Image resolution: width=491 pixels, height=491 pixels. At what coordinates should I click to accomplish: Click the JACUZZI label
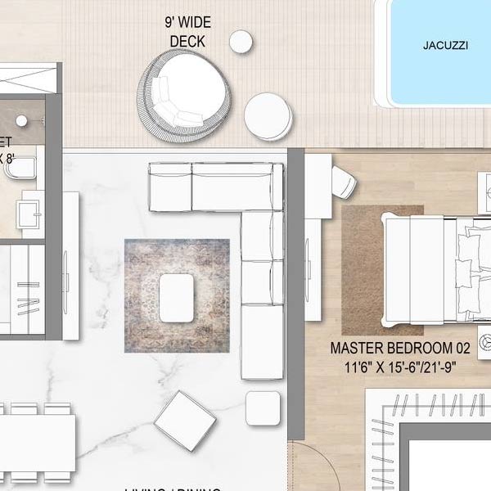tap(445, 46)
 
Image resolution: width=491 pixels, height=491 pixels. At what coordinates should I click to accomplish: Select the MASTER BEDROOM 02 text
tap(389, 348)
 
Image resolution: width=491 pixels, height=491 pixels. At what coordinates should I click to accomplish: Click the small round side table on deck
tap(241, 42)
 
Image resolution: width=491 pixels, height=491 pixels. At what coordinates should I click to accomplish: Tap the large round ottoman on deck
tap(268, 116)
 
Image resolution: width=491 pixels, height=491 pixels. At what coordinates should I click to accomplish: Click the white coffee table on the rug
tap(177, 298)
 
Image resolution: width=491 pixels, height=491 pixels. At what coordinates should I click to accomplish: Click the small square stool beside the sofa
tap(263, 408)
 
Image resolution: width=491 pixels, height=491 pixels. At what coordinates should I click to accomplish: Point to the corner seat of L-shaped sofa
tap(262, 188)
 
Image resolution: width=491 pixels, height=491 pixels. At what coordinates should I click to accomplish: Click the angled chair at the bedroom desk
tap(343, 182)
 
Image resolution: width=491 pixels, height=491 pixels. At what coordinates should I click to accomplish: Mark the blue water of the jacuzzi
tap(442, 74)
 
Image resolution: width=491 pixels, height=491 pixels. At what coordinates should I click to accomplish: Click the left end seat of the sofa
tap(169, 187)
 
